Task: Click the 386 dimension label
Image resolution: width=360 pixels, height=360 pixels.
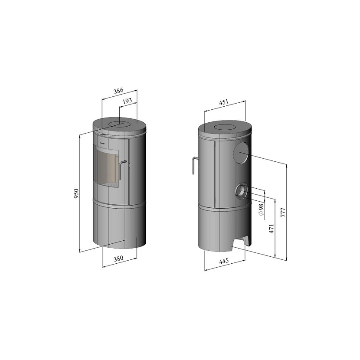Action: point(119,91)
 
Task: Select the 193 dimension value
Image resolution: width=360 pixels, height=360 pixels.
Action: point(128,101)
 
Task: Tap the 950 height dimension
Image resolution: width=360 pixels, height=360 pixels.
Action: point(76,194)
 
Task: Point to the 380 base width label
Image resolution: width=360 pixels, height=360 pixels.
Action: point(119,259)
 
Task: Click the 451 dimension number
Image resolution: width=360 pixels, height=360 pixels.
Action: point(224,102)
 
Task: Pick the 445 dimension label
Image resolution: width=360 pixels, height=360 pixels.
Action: point(224,261)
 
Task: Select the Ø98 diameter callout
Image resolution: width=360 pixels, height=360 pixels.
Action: point(261,209)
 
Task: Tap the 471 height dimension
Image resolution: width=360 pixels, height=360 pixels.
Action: point(272,229)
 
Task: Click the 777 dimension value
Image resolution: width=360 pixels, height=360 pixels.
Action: point(283,213)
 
